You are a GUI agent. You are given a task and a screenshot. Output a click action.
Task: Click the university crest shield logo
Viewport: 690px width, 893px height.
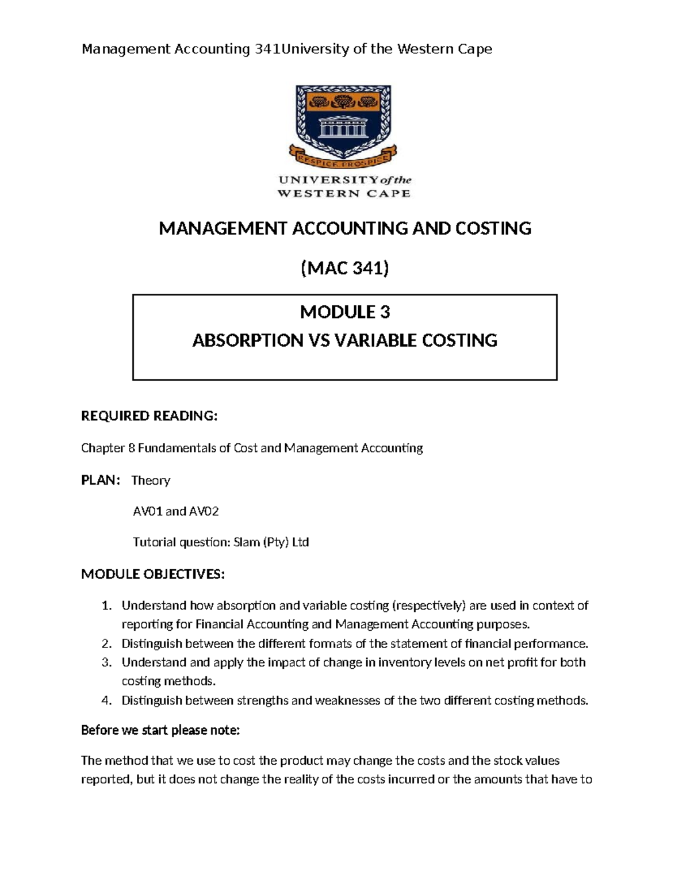[x=344, y=118]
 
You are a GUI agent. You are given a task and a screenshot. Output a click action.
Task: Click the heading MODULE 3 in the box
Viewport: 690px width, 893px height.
[x=345, y=312]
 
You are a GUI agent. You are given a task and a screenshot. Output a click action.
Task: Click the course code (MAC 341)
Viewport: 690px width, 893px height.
[x=345, y=268]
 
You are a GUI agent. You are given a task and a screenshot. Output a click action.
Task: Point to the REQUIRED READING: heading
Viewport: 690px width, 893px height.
[x=149, y=416]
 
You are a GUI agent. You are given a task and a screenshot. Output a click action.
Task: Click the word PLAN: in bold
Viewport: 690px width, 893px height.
[x=101, y=480]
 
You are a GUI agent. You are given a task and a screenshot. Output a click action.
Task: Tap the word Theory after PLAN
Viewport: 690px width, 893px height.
[x=151, y=480]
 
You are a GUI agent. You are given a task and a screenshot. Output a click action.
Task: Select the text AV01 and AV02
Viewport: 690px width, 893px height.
[x=176, y=511]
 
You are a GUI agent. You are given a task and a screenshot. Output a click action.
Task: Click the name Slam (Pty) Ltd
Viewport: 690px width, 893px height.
[x=271, y=542]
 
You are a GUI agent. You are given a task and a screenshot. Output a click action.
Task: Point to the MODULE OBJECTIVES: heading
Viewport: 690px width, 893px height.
[x=153, y=574]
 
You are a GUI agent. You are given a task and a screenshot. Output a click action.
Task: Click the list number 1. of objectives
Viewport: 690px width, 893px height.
[x=106, y=605]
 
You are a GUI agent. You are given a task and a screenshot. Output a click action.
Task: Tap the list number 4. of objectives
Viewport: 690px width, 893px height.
[x=106, y=700]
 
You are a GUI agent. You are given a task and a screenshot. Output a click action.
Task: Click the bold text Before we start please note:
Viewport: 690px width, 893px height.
[x=160, y=730]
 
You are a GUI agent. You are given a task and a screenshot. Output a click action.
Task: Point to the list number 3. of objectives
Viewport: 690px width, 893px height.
[x=106, y=662]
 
